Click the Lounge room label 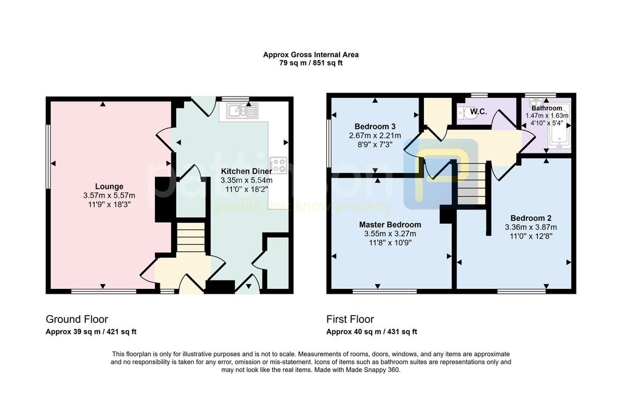click(109, 186)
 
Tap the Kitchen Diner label click(247, 171)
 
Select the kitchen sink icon click(242, 110)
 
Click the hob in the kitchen click(278, 165)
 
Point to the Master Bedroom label click(390, 225)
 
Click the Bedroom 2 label click(531, 218)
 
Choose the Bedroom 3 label click(375, 126)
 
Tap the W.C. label click(479, 112)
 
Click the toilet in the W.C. click(462, 112)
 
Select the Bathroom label click(547, 108)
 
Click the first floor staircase click(471, 183)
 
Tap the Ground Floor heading click(77, 319)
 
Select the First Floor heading click(350, 319)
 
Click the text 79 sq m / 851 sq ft click(311, 63)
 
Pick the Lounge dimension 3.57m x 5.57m click(109, 195)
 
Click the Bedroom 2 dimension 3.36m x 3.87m click(531, 227)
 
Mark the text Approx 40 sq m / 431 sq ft click(372, 332)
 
